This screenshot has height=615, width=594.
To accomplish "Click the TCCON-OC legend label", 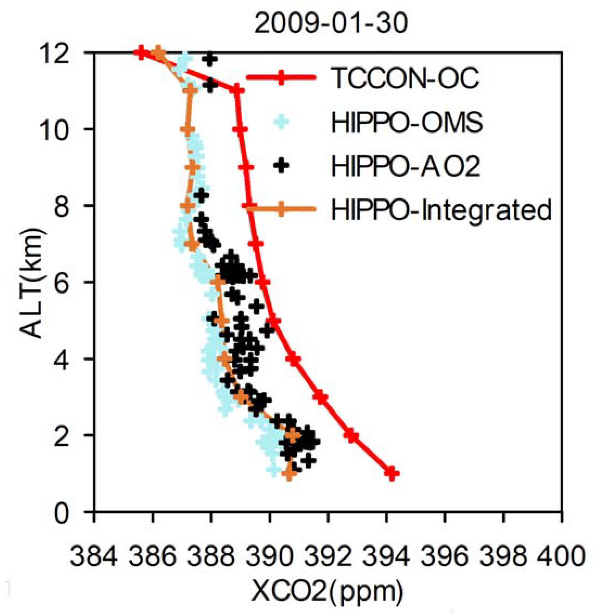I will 405,78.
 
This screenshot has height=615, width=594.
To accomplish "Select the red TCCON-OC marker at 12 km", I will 141,53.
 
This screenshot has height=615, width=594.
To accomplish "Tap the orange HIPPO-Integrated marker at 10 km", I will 187,129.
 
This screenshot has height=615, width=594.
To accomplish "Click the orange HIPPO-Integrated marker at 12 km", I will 159,53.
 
